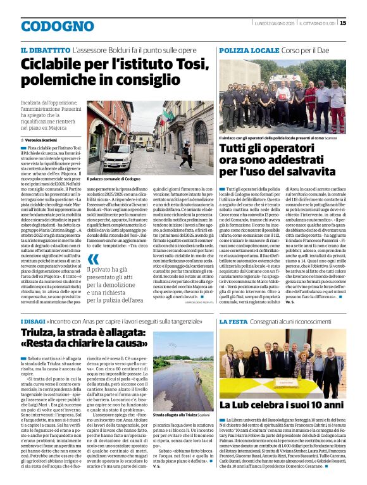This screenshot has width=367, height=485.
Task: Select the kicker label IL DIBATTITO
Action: pyautogui.click(x=45, y=49)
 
